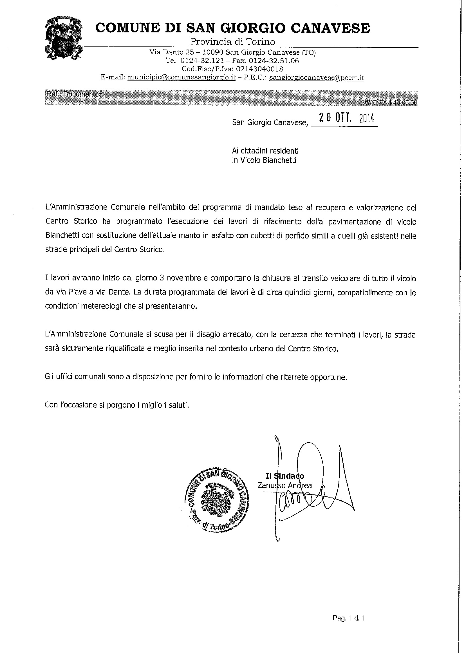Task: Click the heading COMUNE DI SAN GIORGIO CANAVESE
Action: pyautogui.click(x=232, y=28)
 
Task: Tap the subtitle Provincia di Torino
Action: pyautogui.click(x=232, y=42)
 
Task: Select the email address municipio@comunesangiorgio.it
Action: pyautogui.click(x=181, y=77)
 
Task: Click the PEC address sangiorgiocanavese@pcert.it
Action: pyautogui.click(x=317, y=77)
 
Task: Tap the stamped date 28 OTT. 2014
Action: pyautogui.click(x=344, y=118)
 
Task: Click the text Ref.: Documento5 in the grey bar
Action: pyautogui.click(x=74, y=94)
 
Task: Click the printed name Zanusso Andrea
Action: pyautogui.click(x=285, y=485)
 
